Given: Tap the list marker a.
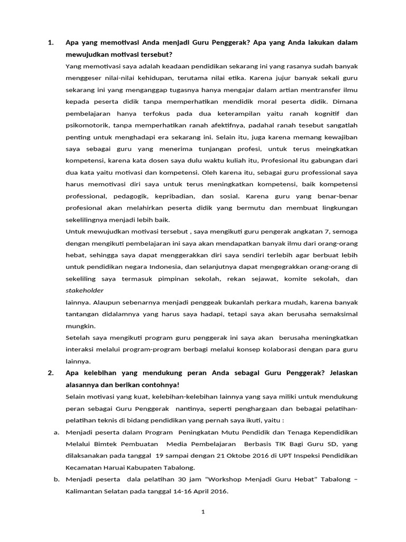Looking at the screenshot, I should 57,432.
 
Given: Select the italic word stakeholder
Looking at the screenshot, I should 85,291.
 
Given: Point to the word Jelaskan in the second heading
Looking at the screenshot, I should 343,373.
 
